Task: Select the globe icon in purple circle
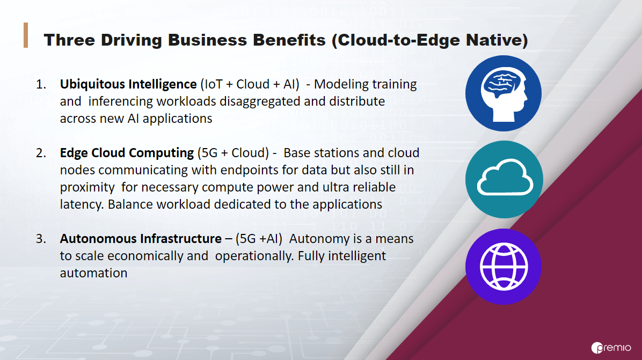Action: (504, 267)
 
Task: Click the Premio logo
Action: (611, 348)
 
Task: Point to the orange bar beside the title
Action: (26, 35)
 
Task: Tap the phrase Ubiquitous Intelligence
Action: (128, 84)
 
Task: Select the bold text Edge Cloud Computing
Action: (127, 153)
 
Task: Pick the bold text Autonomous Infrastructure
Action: (141, 239)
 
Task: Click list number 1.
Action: (41, 84)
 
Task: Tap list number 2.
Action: (41, 153)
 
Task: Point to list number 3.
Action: (41, 239)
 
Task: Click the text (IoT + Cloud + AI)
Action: (250, 84)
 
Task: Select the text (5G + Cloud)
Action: (233, 153)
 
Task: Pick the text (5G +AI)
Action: (259, 239)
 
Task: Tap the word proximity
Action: (87, 187)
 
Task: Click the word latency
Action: (82, 204)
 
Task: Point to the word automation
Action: (93, 273)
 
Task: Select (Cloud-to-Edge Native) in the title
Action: (430, 40)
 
